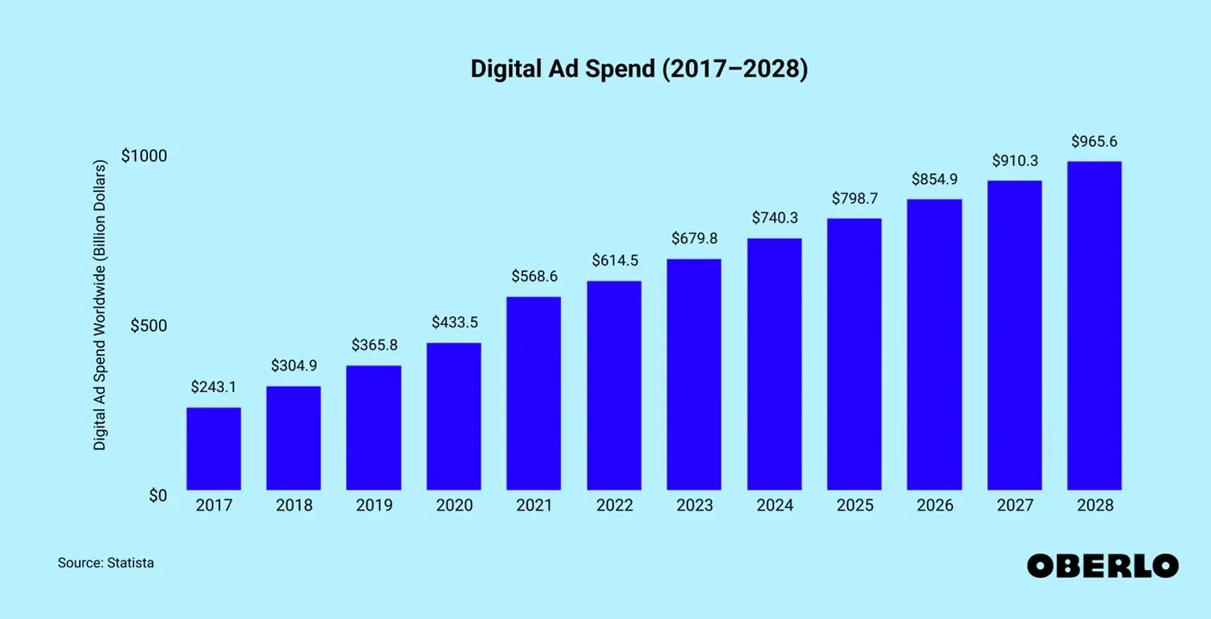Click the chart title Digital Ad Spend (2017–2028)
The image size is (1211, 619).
[x=639, y=70]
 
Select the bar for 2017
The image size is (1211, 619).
[x=213, y=449]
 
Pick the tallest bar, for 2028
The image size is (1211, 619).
[x=1094, y=326]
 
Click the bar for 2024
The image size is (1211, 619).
[x=774, y=365]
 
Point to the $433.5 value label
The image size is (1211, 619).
[x=454, y=322]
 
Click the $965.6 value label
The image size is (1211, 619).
[x=1094, y=141]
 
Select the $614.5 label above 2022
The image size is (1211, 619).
[x=614, y=260]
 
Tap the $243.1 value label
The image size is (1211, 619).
[x=213, y=387]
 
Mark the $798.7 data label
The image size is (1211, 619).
[x=854, y=199]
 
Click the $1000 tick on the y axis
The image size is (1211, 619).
[x=144, y=156]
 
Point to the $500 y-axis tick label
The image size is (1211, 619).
[x=149, y=326]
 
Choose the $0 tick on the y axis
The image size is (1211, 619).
[x=157, y=495]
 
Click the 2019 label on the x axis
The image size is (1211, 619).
[x=374, y=506]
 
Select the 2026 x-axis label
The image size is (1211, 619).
[x=935, y=506]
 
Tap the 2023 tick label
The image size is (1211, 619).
[x=694, y=506]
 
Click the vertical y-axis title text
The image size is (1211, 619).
[x=100, y=305]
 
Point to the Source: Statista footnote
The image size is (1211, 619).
[x=106, y=563]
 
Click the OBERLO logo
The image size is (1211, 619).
[x=1103, y=565]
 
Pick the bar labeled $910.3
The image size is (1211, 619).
[x=1014, y=335]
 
